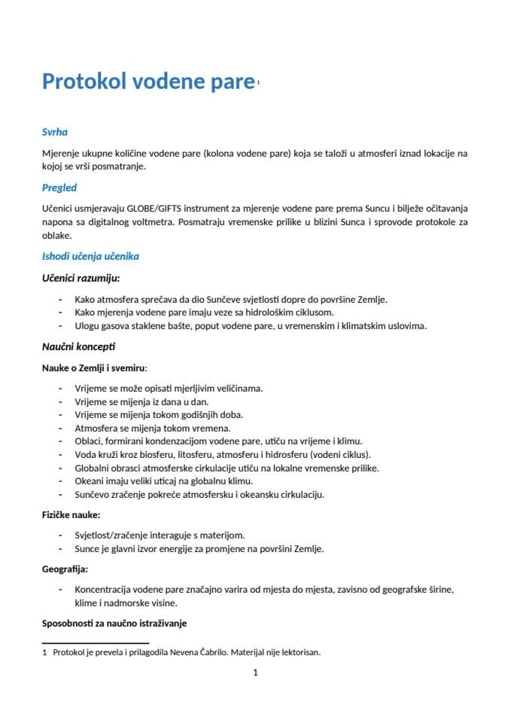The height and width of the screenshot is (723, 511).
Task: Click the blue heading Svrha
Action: (x=55, y=132)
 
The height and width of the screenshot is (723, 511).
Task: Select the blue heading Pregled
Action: (x=59, y=188)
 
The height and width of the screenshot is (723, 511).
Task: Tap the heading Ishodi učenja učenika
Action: (x=90, y=256)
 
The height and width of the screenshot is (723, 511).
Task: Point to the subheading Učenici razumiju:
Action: (x=81, y=278)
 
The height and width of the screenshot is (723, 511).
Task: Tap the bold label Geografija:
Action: (x=65, y=569)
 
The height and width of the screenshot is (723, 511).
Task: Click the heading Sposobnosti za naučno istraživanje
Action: (x=114, y=624)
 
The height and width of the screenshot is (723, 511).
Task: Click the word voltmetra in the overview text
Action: (x=198, y=221)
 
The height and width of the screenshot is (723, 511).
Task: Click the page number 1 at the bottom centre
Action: (x=256, y=673)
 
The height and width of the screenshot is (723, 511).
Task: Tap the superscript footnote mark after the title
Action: (x=257, y=83)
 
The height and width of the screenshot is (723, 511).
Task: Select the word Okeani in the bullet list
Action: (x=89, y=480)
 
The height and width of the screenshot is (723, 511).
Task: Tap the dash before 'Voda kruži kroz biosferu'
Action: (x=60, y=454)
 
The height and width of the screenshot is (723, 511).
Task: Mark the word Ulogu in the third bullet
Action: (x=87, y=326)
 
